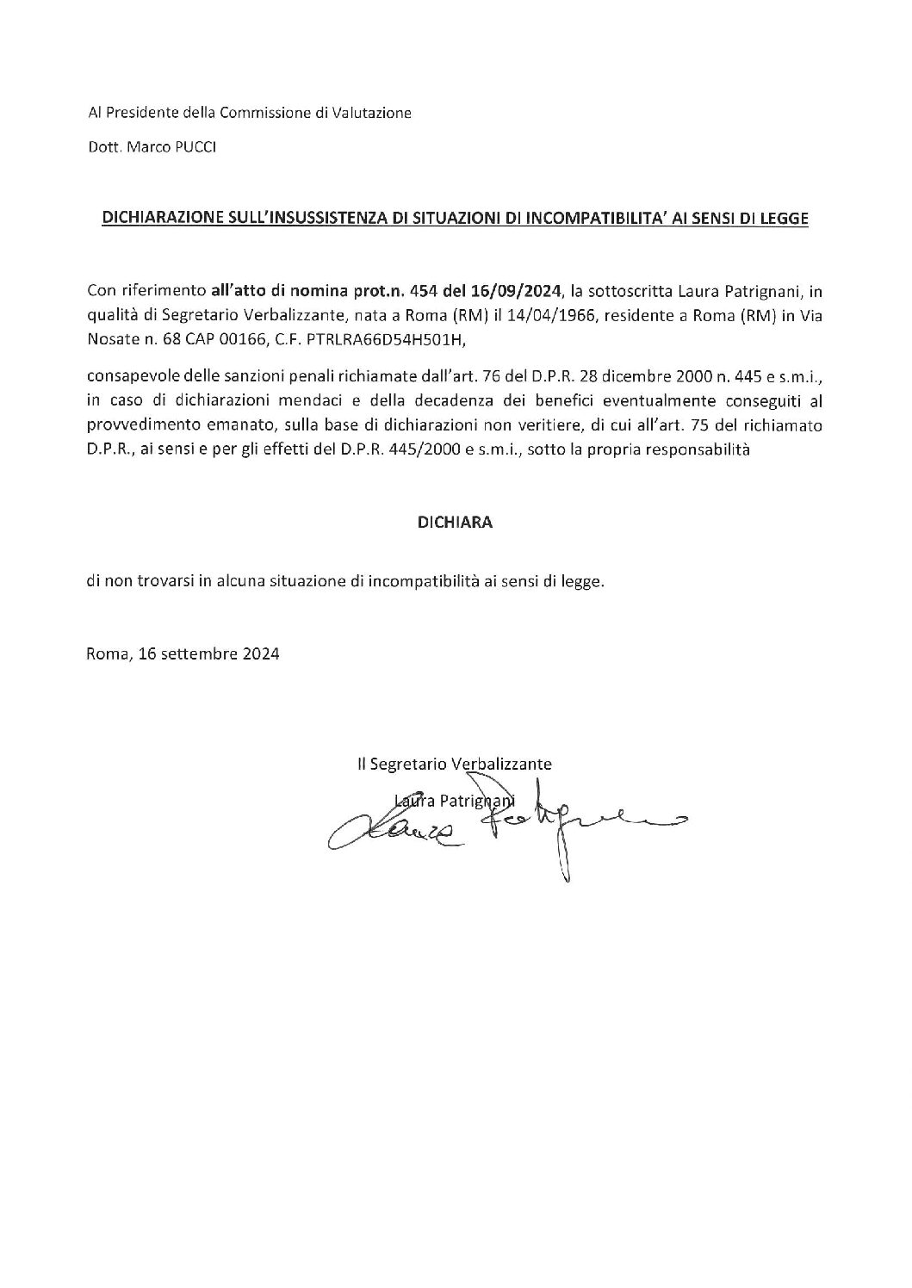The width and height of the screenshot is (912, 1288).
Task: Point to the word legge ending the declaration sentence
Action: [x=583, y=581]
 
